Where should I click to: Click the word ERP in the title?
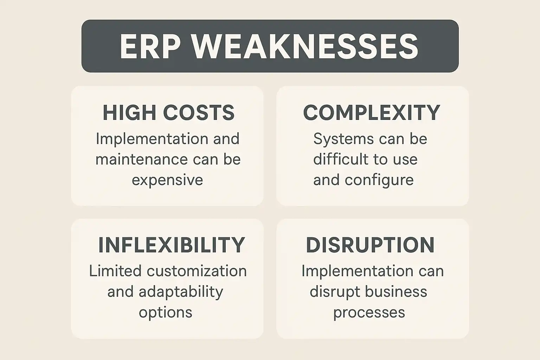click(x=150, y=46)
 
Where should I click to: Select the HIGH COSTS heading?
click(x=168, y=112)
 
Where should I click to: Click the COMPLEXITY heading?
click(x=372, y=112)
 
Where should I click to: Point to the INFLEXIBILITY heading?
click(x=172, y=245)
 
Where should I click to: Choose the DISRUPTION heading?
click(x=370, y=245)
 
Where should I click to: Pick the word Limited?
click(x=115, y=271)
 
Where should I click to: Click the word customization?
click(x=197, y=271)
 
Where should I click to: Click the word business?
click(x=396, y=291)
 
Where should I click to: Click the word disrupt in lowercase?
click(x=335, y=292)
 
